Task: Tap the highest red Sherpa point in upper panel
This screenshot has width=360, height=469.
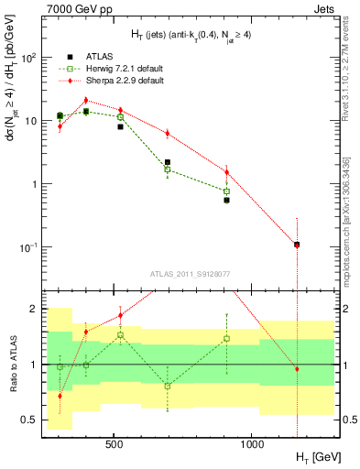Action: point(86,101)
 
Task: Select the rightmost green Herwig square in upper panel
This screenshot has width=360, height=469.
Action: point(226,191)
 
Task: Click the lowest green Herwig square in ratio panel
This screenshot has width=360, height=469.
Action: point(168,386)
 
